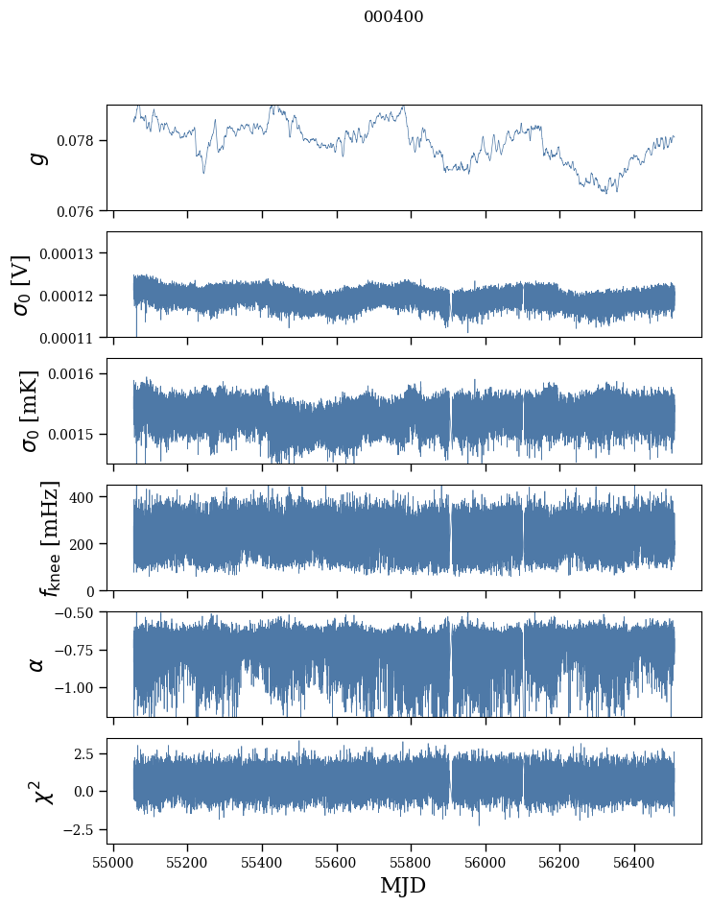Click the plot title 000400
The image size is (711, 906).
click(x=393, y=16)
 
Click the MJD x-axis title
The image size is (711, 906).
click(x=403, y=886)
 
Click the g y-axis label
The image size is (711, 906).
click(x=38, y=157)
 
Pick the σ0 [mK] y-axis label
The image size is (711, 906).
click(x=22, y=411)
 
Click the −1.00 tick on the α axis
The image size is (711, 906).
click(x=75, y=688)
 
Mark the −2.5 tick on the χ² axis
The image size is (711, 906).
click(x=80, y=828)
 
